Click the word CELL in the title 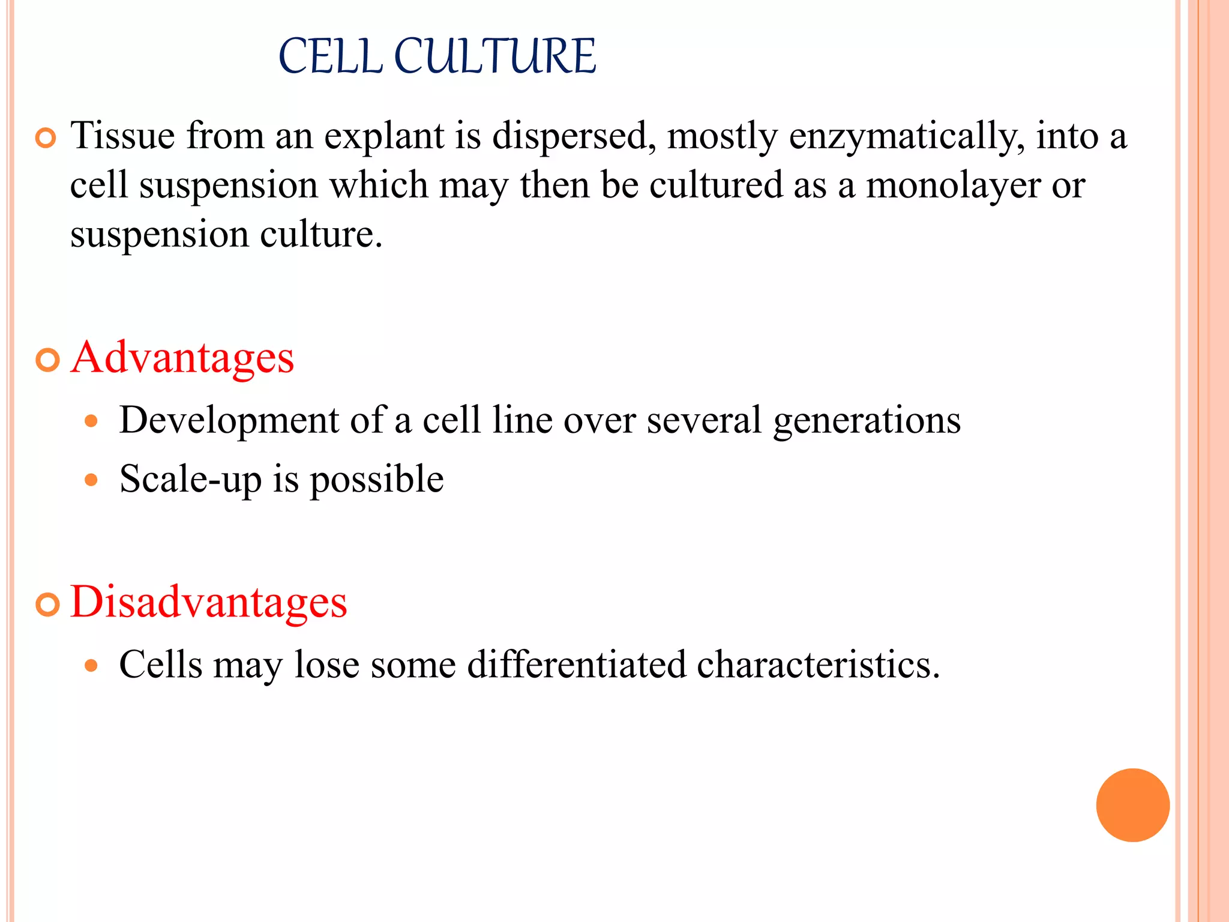point(331,56)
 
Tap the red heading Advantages point(182,358)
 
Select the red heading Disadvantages point(209,602)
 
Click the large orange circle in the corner point(1132,805)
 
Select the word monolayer point(953,185)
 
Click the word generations point(867,421)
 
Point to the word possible point(376,480)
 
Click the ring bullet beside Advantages point(47,361)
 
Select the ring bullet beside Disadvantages point(47,604)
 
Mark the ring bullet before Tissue point(46,139)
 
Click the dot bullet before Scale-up point(91,480)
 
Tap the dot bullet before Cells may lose point(91,666)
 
